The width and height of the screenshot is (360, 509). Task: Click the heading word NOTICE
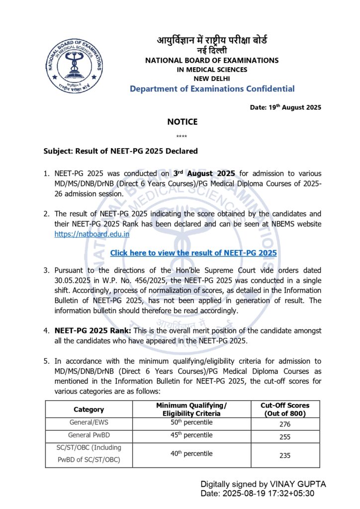[x=182, y=122]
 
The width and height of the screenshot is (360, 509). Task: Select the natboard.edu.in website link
[x=92, y=233]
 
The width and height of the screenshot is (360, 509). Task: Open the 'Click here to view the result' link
[x=193, y=253]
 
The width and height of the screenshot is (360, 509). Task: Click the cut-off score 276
[x=285, y=424]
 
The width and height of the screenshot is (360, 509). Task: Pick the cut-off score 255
[x=285, y=436]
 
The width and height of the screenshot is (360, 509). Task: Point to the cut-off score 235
[x=285, y=455]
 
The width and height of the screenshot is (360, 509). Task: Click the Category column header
[x=89, y=410]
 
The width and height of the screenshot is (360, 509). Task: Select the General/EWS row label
[x=89, y=423]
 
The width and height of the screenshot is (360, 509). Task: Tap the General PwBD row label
[x=89, y=435]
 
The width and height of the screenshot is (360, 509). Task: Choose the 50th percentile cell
[x=191, y=423]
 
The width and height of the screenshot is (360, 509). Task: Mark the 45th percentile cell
[x=191, y=435]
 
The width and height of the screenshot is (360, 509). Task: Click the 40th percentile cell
[x=191, y=454]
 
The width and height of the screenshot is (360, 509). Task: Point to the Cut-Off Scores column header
[x=285, y=410]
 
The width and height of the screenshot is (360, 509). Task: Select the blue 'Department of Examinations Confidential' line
[x=212, y=89]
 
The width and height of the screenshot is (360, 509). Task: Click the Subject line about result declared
[x=121, y=151]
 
